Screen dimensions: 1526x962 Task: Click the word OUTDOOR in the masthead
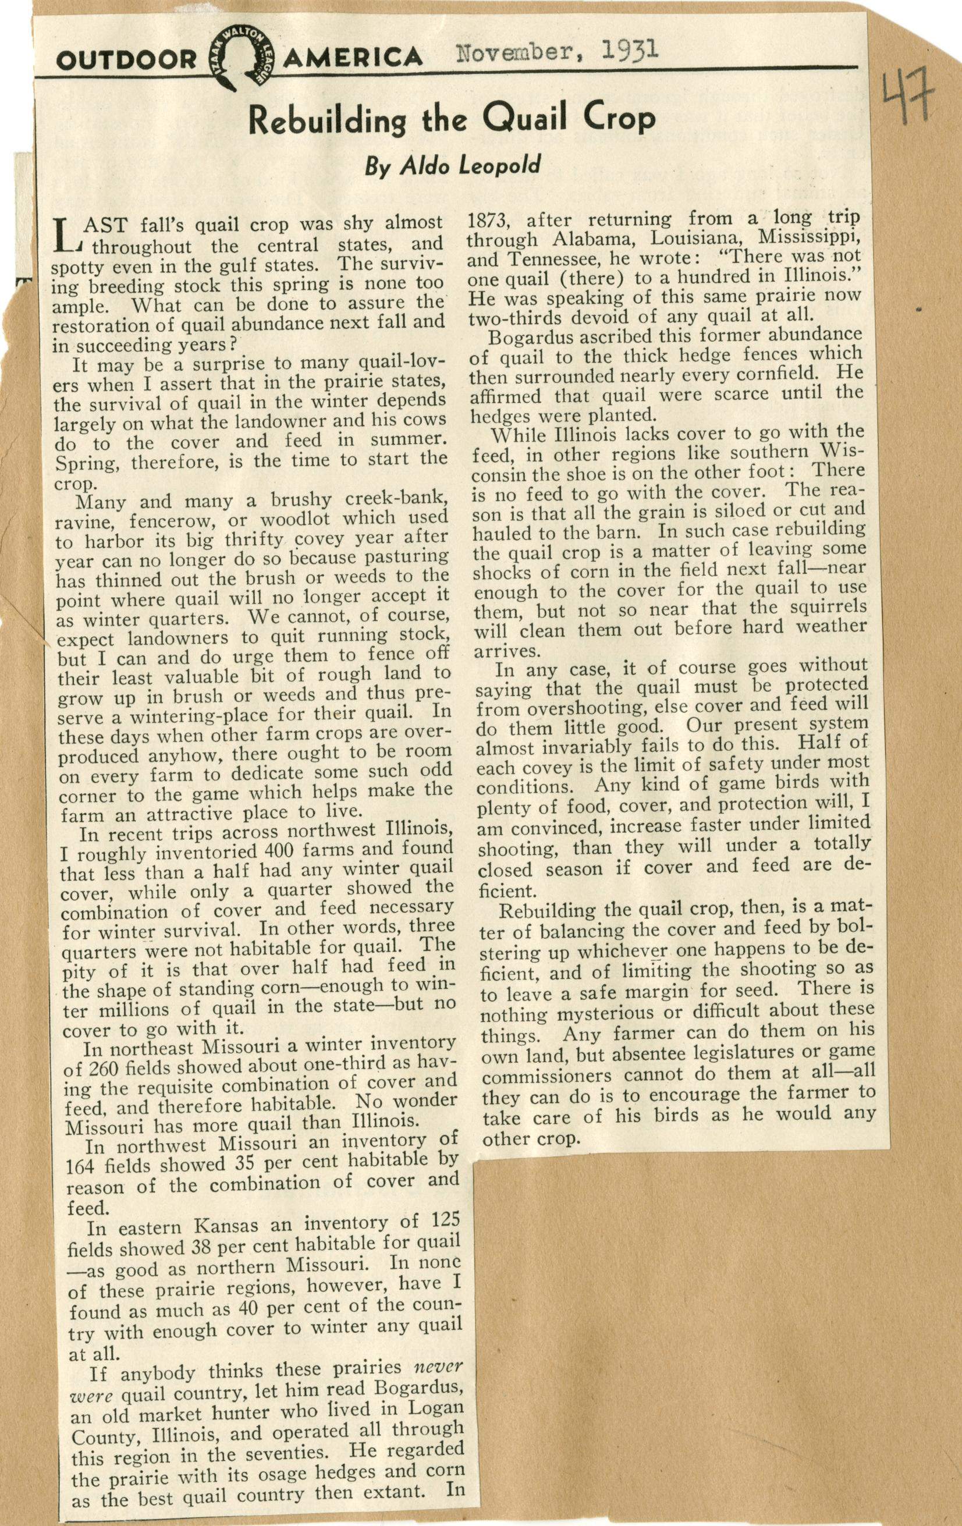126,60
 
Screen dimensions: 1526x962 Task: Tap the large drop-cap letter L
64,234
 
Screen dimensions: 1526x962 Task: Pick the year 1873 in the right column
488,221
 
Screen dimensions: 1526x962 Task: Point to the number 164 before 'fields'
83,1165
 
